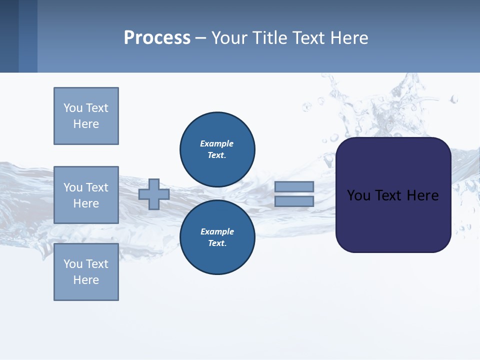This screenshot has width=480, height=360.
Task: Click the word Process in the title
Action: tap(157, 38)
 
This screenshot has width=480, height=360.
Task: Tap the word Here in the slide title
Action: tap(347, 38)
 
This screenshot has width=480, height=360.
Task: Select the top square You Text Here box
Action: tap(86, 116)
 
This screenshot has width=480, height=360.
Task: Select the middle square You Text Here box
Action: tap(86, 195)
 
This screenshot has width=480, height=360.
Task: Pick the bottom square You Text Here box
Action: tap(86, 272)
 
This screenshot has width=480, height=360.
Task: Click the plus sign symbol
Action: tap(154, 194)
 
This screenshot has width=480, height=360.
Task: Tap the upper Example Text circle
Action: tap(217, 149)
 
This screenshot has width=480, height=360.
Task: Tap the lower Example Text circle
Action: tap(217, 237)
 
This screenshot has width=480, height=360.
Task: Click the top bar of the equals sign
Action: tap(294, 186)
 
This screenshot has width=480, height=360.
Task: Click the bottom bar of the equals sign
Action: tap(294, 201)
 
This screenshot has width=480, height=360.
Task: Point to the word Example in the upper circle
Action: tap(216, 143)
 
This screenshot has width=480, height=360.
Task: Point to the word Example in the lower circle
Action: tap(217, 231)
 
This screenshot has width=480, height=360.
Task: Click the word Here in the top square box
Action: tap(86, 124)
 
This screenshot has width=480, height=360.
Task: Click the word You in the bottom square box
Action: tap(72, 264)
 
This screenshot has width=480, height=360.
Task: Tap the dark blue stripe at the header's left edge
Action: tap(9, 36)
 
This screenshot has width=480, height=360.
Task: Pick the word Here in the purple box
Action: tap(422, 195)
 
